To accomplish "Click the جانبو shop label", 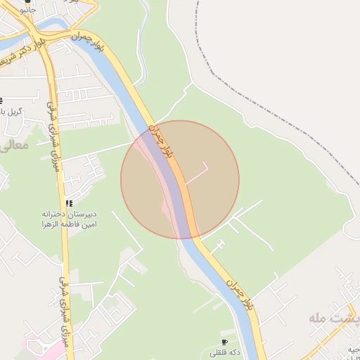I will coord(27,12).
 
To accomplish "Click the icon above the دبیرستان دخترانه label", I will coord(68,202).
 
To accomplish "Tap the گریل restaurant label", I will coord(13,112).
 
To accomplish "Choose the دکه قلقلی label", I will coord(224,352).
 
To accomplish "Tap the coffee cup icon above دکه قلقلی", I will coord(224,342).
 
